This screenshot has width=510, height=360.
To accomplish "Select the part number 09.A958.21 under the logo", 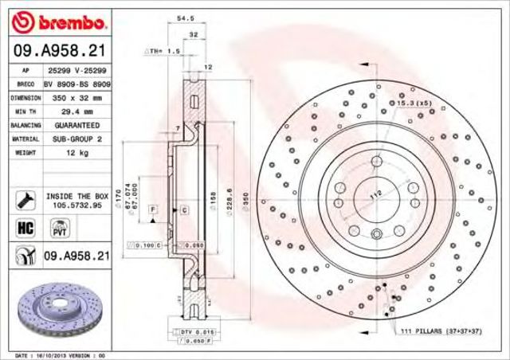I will [x=57, y=52].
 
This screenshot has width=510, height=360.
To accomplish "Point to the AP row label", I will [x=25, y=70].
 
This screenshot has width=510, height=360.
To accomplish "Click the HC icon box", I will [x=24, y=229].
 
